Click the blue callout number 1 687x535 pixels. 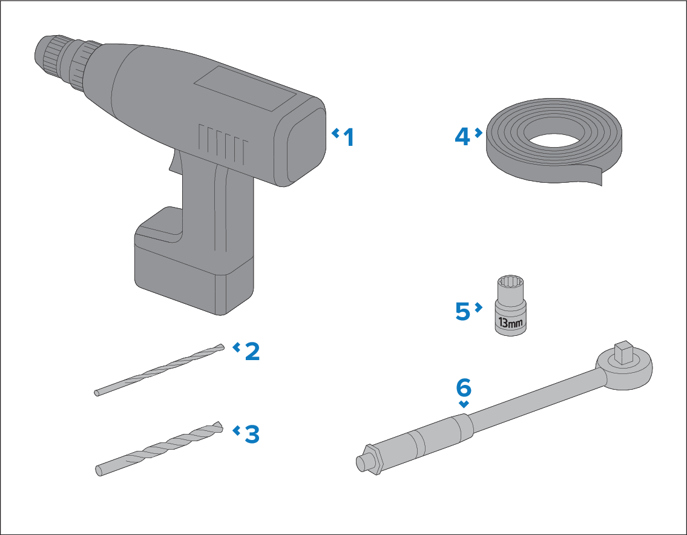pos(349,137)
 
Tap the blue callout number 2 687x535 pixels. pos(252,352)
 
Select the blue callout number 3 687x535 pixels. pos(252,434)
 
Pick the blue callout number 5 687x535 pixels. pos(462,311)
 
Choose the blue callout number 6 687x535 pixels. pos(464,387)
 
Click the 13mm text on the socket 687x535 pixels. pos(510,323)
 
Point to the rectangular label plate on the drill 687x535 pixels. pos(245,88)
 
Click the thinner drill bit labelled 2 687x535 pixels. pos(159,370)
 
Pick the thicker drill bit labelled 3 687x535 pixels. pos(159,448)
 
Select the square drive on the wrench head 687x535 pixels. pos(624,352)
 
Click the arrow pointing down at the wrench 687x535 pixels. pos(464,404)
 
